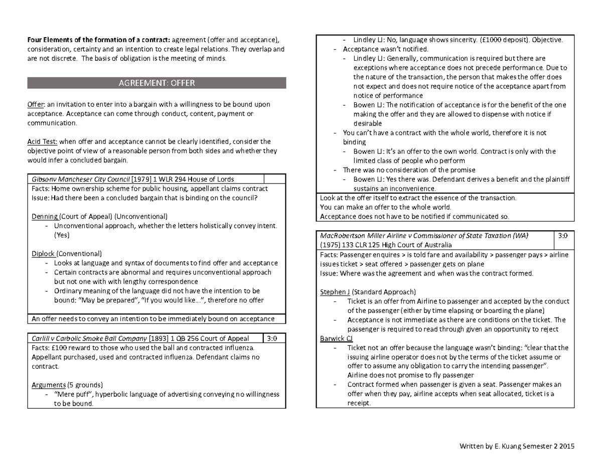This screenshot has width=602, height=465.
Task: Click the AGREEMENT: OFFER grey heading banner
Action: click(x=157, y=83)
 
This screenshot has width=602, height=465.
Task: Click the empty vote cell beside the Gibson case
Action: click(x=274, y=179)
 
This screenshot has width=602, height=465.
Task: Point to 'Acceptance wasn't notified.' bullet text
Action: click(x=385, y=49)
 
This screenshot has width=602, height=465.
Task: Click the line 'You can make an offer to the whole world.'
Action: click(x=385, y=207)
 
